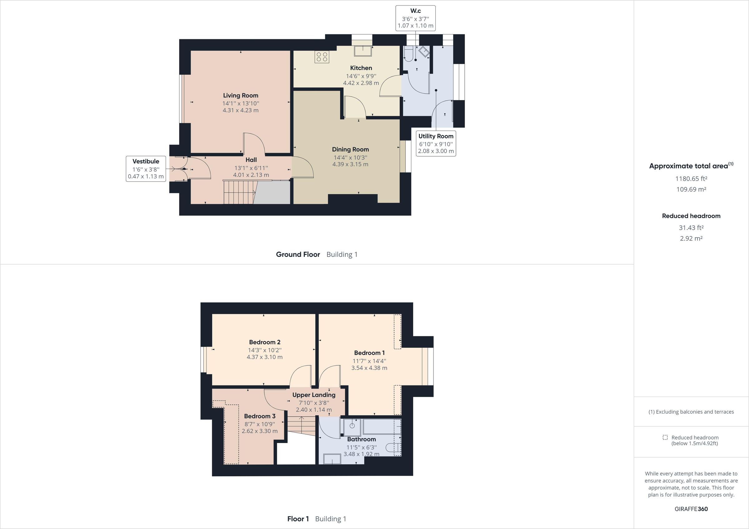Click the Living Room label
click(x=240, y=95)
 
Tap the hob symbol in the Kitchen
click(x=322, y=57)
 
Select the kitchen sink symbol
click(x=363, y=51)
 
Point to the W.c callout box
click(x=415, y=18)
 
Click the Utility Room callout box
click(x=436, y=143)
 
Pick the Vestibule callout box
click(x=146, y=169)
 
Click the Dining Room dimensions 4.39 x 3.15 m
click(x=350, y=164)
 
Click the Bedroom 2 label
click(x=265, y=342)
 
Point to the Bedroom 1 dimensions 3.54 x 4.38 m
click(x=369, y=368)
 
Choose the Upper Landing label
click(x=314, y=395)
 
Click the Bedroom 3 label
click(x=260, y=416)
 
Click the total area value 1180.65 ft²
click(x=691, y=179)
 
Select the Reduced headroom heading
click(x=691, y=216)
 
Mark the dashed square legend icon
click(x=665, y=437)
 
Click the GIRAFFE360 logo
click(x=691, y=509)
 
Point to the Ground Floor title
click(x=298, y=255)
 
